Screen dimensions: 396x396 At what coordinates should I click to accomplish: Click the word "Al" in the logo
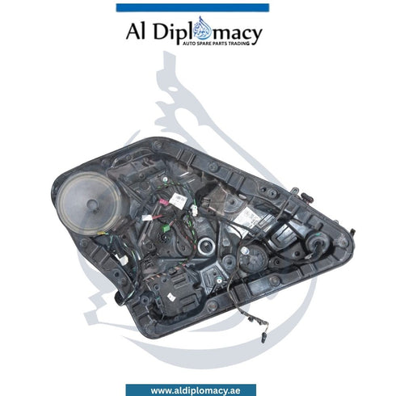[136, 31]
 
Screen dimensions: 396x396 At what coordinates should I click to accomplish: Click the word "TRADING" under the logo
[239, 44]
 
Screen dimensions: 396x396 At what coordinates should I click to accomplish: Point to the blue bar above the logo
[192, 7]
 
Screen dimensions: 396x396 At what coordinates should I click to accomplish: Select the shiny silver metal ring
[206, 246]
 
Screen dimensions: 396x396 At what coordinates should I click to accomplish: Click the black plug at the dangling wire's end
[263, 338]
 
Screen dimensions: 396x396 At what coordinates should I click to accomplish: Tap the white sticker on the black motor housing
[171, 297]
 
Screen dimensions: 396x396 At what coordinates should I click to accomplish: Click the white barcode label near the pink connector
[176, 200]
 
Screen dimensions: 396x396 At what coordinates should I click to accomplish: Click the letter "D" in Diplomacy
[162, 32]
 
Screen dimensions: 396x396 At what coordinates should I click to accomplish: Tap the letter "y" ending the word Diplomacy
[257, 36]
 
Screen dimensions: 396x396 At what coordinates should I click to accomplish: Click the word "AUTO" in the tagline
[190, 44]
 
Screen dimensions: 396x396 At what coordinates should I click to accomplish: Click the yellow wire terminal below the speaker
[101, 234]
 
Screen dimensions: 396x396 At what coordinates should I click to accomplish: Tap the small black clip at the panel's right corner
[352, 231]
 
